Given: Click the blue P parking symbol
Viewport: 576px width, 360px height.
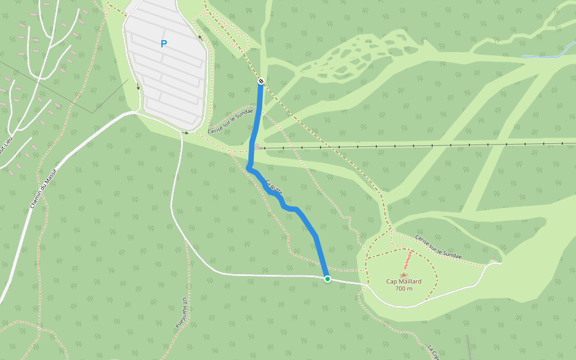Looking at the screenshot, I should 163,44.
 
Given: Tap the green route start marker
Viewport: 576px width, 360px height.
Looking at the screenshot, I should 327,279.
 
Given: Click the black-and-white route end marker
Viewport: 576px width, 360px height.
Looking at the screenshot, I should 261,81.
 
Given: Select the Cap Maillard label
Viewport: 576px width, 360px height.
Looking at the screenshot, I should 403,281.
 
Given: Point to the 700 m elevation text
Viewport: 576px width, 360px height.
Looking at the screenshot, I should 404,289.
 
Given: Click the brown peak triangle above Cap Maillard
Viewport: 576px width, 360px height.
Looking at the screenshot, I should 404,275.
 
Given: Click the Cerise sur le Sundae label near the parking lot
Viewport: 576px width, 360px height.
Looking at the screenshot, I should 230,122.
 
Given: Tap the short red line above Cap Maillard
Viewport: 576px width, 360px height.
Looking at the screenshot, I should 407,260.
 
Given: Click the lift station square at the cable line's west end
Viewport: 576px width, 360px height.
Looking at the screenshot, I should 257,146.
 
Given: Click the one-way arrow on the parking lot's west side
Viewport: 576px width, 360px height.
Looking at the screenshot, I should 139,86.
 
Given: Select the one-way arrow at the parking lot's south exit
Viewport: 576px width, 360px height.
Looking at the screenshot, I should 186,132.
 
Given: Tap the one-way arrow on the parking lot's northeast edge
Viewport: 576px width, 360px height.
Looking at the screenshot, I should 200,28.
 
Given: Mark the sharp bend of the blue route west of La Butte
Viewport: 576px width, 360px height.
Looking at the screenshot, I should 248,169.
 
